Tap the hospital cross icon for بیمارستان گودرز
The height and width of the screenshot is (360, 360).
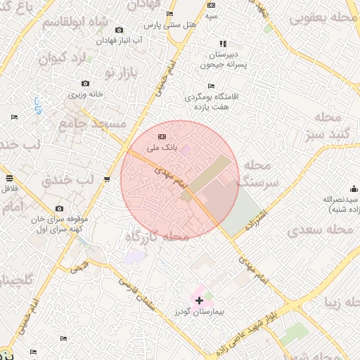pos(200,300)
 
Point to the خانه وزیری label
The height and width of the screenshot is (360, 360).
pos(86,94)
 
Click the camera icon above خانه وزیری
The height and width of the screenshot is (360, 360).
pos(86,84)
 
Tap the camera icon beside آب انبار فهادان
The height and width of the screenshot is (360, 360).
pos(119,30)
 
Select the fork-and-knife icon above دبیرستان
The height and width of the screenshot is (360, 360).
pos(223,44)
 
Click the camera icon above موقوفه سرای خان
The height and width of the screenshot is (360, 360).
pos(59,209)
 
